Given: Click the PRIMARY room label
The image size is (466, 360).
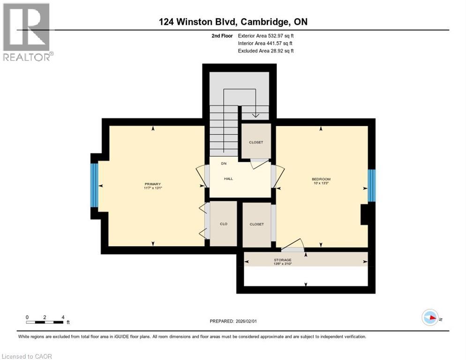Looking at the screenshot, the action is (x=153, y=184).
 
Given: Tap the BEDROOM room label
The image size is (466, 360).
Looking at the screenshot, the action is (x=321, y=179).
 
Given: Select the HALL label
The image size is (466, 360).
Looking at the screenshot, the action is (x=228, y=179).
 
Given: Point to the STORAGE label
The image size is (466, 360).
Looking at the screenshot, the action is (x=283, y=260).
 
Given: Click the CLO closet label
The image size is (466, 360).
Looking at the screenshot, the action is (x=224, y=224).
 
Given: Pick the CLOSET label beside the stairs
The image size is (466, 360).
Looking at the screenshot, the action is (x=256, y=142).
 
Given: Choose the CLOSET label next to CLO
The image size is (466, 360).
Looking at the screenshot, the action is (x=257, y=224).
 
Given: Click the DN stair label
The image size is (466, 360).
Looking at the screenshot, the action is (x=224, y=164).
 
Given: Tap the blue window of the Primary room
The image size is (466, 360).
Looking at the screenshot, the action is (x=94, y=185).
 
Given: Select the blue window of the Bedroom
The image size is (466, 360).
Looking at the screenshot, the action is (x=371, y=186).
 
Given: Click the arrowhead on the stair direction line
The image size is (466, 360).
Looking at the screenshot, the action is (x=256, y=115).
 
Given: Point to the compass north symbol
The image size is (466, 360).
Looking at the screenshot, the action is (x=430, y=317).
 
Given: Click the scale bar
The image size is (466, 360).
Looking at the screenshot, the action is (x=45, y=322).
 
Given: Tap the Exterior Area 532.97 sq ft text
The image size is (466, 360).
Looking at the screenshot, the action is (x=266, y=36).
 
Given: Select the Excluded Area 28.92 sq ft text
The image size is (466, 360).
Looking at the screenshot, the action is (x=266, y=51).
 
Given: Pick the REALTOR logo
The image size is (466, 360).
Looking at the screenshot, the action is (x=27, y=32).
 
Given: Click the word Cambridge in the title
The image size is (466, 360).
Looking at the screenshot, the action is (x=264, y=22).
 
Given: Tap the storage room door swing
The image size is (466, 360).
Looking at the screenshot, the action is (x=293, y=244).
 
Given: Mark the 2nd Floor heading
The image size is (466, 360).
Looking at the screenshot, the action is (x=222, y=36).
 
